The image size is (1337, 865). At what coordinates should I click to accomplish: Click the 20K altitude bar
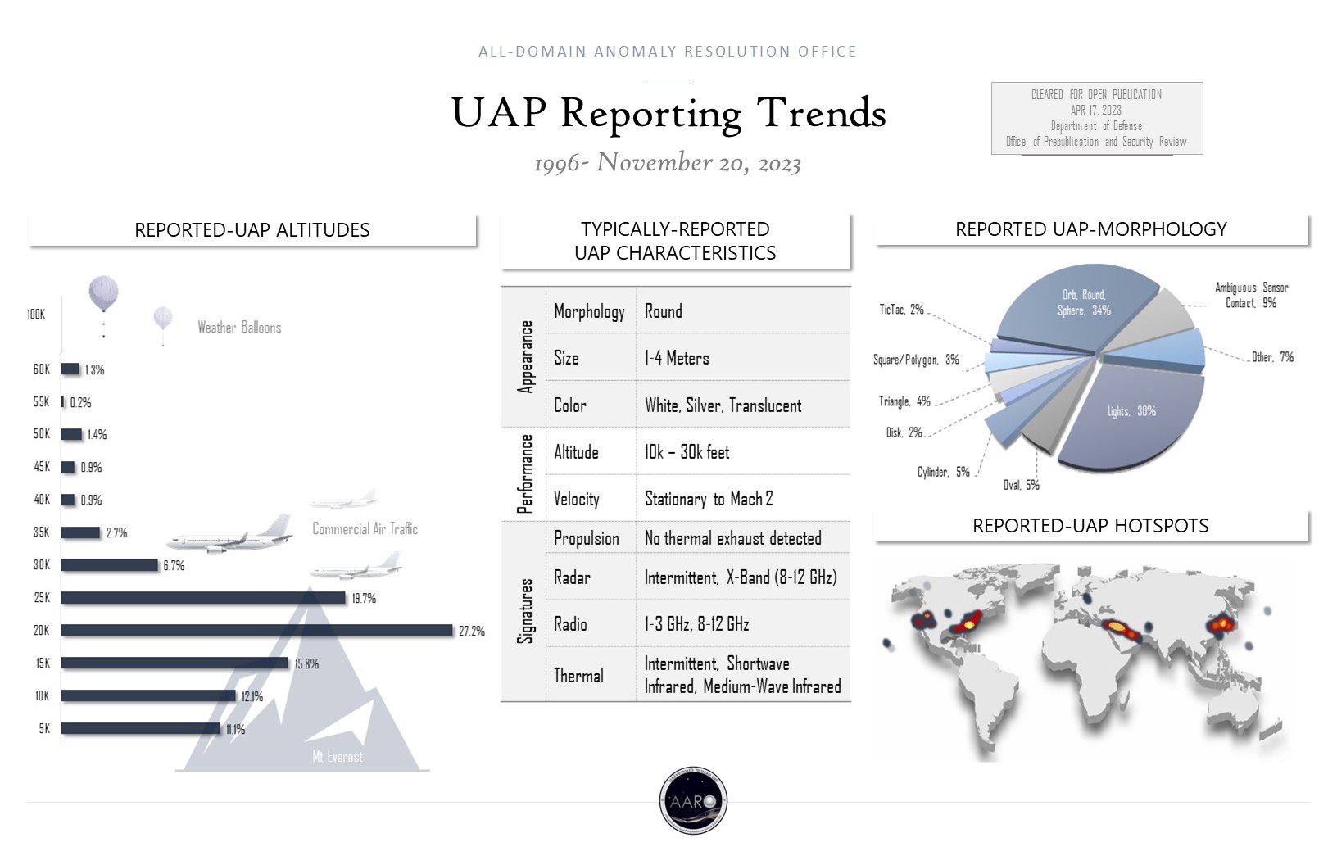256,630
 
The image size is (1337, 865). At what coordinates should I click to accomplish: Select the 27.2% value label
472,632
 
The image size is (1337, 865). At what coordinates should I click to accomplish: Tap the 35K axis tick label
41,532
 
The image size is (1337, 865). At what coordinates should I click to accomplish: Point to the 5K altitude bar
140,728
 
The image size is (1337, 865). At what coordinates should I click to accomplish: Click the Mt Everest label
337,757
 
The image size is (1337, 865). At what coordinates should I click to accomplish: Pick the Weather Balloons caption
239,328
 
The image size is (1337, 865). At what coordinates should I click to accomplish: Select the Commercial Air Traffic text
365,529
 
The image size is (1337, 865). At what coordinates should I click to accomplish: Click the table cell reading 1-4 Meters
677,358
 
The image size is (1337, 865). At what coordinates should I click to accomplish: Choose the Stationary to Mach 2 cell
709,499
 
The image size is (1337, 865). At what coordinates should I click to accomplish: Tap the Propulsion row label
587,538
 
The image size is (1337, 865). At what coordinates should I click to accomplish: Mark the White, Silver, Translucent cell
723,405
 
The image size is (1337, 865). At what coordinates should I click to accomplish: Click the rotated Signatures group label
526,611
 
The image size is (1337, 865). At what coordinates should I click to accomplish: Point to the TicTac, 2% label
901,310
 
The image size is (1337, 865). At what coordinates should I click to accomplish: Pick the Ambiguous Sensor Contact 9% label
1251,296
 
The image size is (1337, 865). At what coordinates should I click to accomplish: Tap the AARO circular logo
693,800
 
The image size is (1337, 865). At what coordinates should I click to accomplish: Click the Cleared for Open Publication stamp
1096,118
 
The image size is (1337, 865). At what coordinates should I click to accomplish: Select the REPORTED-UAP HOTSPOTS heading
1090,526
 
